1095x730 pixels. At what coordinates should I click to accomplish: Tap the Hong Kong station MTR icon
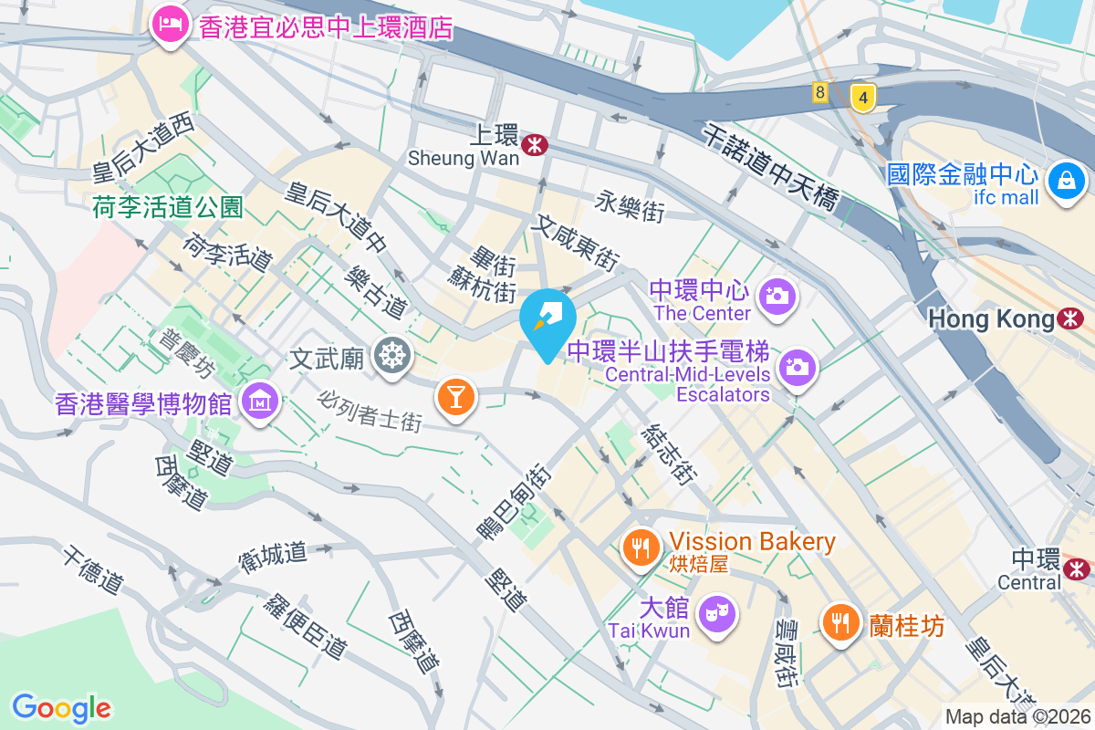coord(1071,318)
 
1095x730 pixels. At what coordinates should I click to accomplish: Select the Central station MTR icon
coord(1077,568)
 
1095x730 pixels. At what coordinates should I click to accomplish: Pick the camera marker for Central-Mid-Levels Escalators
coord(798,367)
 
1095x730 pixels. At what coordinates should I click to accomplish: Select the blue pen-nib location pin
coord(547,319)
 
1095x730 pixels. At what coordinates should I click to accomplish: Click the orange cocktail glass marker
coord(455,396)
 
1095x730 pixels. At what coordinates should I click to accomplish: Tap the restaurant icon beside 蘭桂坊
coord(840,624)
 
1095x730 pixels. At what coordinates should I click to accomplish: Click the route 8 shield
coord(820,91)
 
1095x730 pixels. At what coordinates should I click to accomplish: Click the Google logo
coord(61,707)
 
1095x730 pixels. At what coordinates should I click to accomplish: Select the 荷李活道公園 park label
coord(168,208)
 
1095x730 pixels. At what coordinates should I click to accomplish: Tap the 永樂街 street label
coord(631,206)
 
